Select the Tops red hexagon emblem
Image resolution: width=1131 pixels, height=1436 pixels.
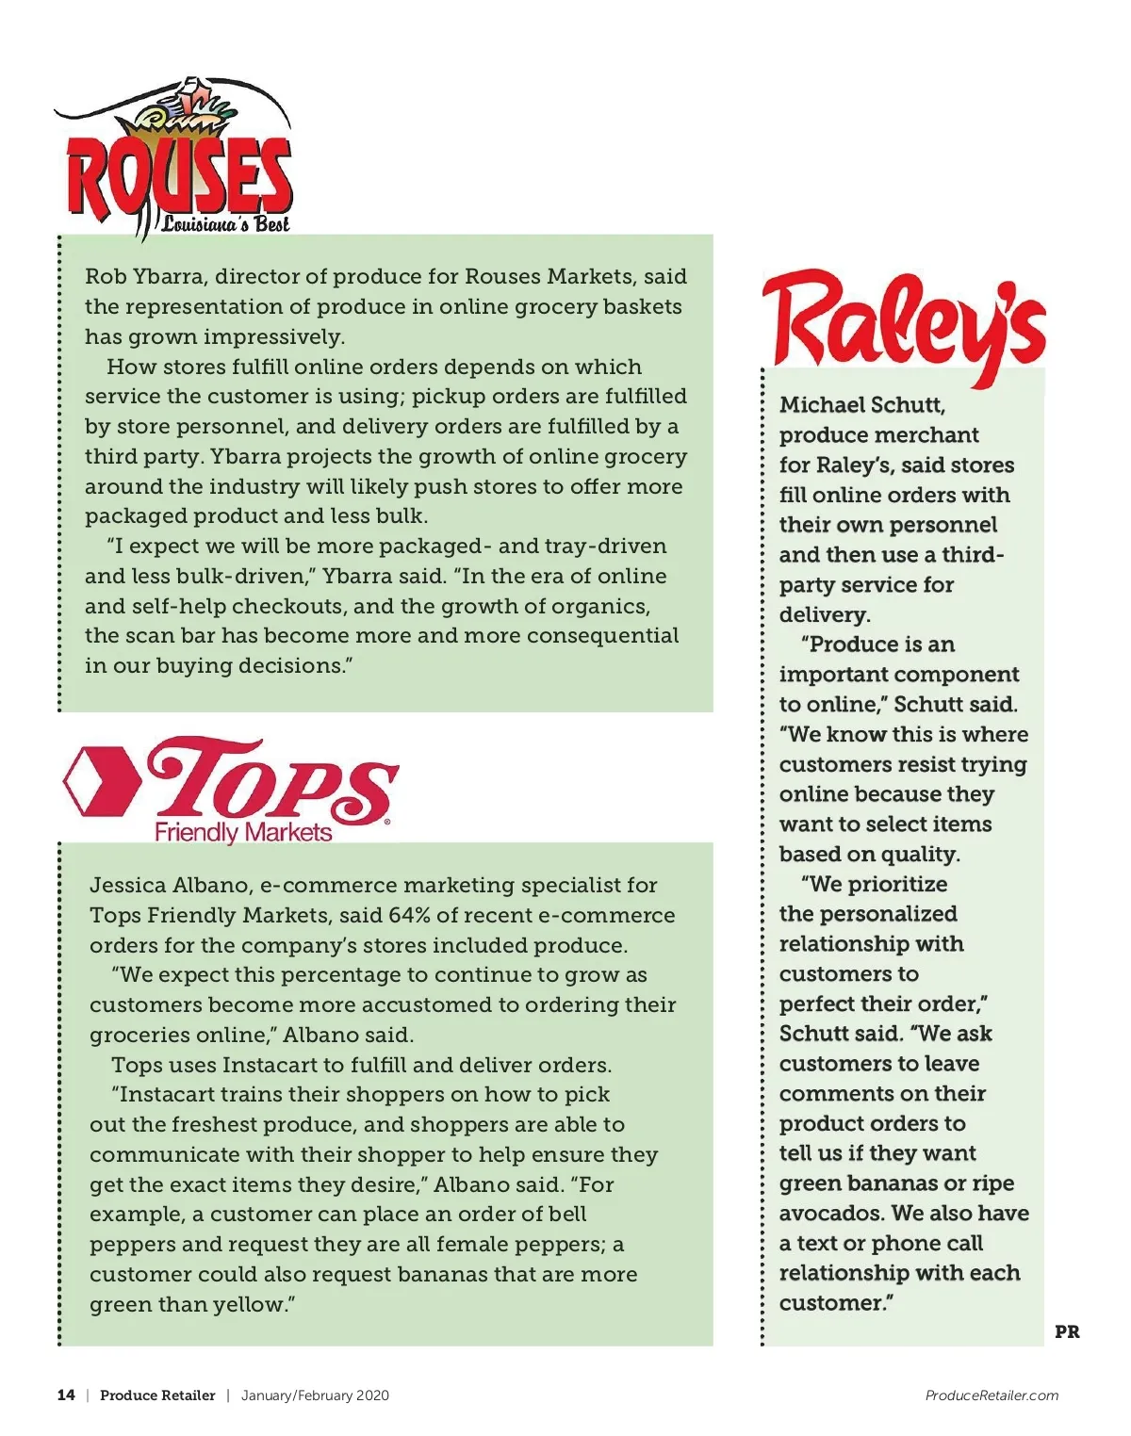click(x=101, y=781)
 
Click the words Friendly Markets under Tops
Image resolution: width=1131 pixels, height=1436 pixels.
click(x=243, y=833)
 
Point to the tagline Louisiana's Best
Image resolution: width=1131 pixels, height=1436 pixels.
click(x=225, y=224)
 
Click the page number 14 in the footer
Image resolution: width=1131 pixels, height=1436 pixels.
click(x=66, y=1395)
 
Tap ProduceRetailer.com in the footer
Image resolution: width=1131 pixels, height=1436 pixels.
click(x=992, y=1395)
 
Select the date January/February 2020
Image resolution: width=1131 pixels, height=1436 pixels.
click(x=315, y=1395)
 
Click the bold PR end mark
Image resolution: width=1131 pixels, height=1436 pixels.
click(x=1067, y=1332)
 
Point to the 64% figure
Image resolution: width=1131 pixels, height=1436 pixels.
click(x=409, y=915)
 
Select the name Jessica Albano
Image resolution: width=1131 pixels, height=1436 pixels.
click(x=172, y=886)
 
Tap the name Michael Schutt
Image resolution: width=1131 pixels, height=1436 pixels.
click(x=861, y=405)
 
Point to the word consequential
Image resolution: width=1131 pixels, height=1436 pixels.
click(x=602, y=636)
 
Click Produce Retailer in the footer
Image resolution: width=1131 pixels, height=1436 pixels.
click(x=157, y=1395)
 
